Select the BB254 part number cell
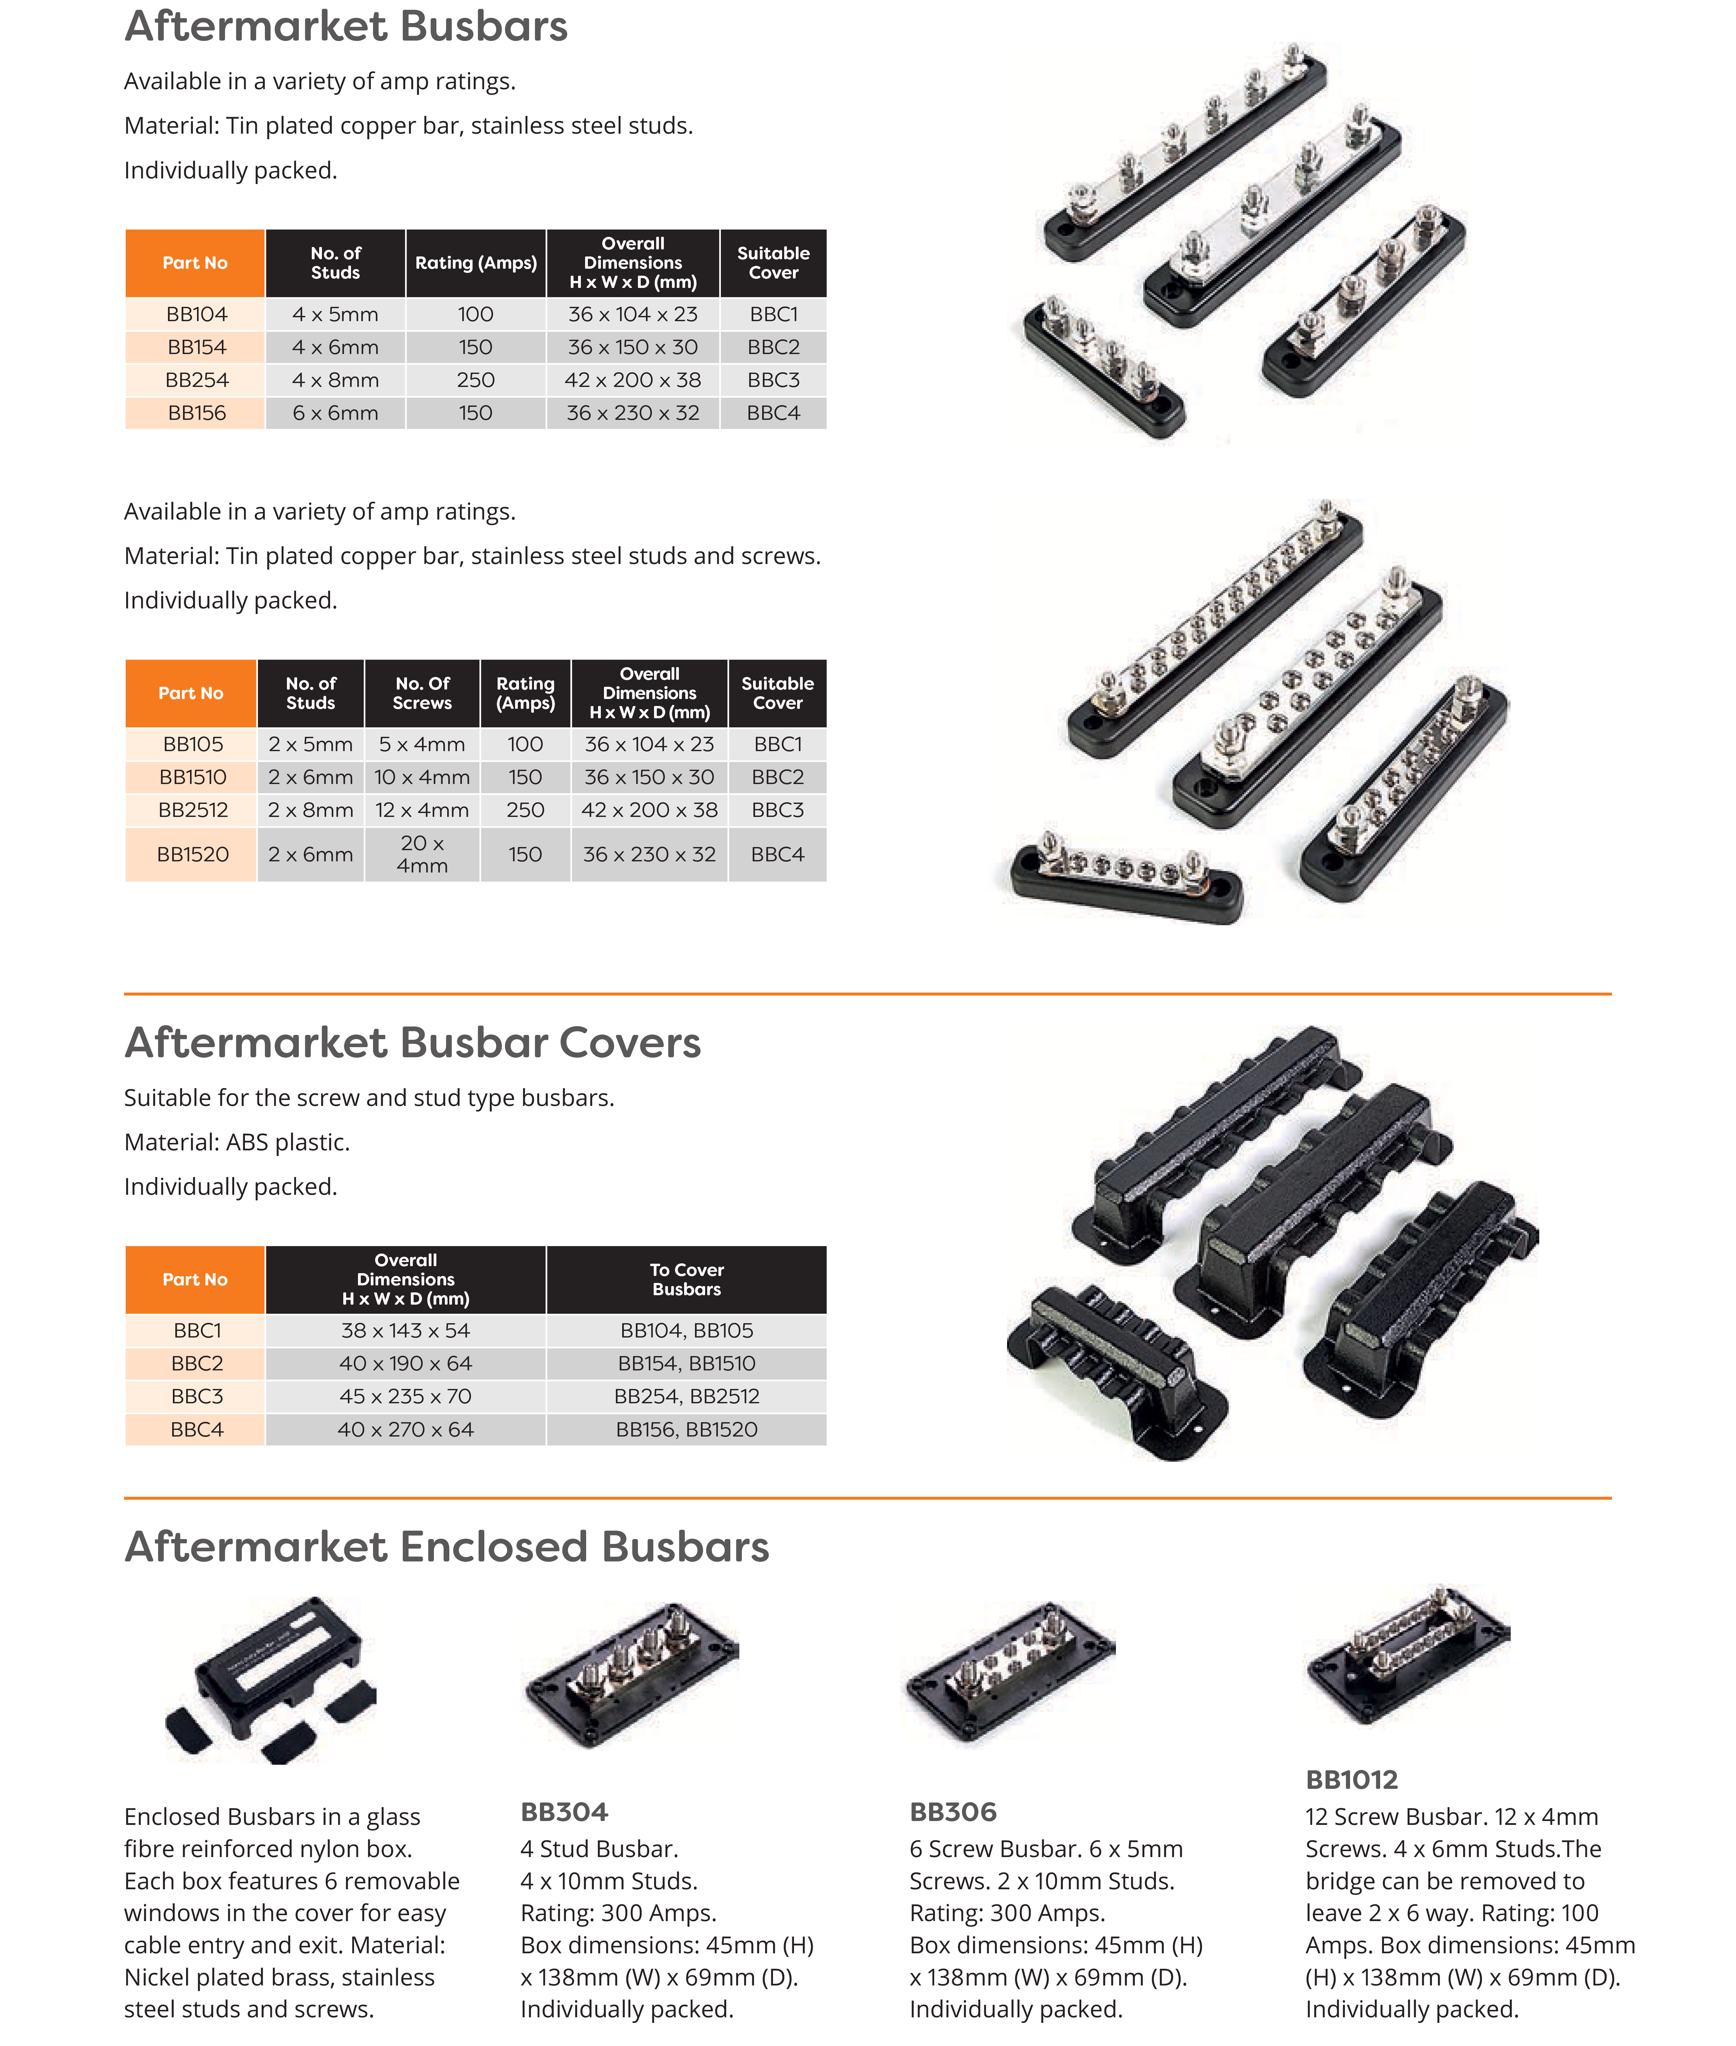coord(197,380)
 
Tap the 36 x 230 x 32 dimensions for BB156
coord(633,413)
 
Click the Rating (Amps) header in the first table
coord(475,263)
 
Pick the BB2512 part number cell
coord(193,810)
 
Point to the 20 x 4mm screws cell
coord(422,854)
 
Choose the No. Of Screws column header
coord(422,693)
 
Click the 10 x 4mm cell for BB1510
coord(422,777)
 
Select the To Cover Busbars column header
coord(686,1279)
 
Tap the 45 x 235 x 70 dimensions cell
coord(406,1396)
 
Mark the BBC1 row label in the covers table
coord(197,1331)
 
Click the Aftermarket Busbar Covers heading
coord(412,1043)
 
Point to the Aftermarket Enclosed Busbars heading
coord(447,1547)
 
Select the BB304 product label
coord(564,1812)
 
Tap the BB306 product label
coord(953,1812)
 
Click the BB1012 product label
coord(1351,1779)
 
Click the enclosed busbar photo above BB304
coord(632,1676)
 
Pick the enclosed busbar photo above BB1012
coord(1407,1656)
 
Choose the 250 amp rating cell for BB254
coord(475,380)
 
